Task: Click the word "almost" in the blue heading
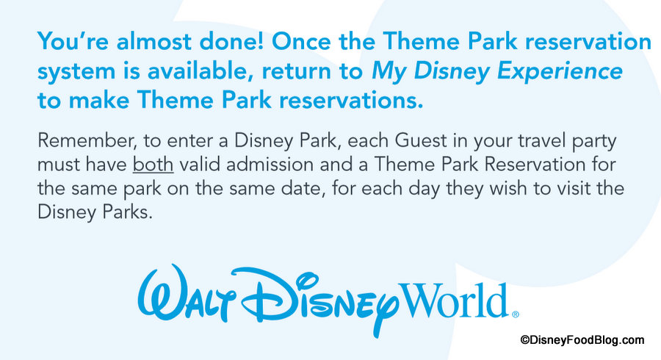[x=153, y=41]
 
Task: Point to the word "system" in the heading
[x=76, y=72]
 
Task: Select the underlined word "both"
[x=153, y=165]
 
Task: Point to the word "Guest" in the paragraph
[x=421, y=141]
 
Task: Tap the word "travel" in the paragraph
[x=542, y=141]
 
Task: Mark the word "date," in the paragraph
[x=302, y=188]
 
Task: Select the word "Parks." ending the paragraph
[x=127, y=212]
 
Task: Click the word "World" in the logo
[x=454, y=300]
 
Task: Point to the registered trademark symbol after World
[x=515, y=314]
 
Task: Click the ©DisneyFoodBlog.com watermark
[x=582, y=340]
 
